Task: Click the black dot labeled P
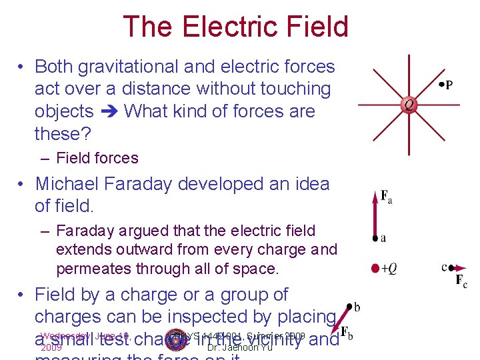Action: [x=441, y=85]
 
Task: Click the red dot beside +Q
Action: [x=375, y=269]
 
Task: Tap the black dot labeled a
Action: [x=375, y=238]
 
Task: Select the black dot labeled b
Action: [x=350, y=307]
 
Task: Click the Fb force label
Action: [x=347, y=331]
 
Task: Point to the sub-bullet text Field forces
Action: [x=97, y=158]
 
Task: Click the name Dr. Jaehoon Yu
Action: [x=240, y=347]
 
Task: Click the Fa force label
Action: [x=387, y=197]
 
